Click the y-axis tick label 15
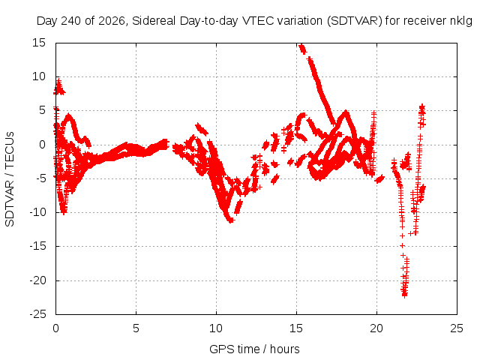[x=39, y=43]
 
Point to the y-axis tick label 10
[x=39, y=76]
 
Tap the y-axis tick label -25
[x=37, y=314]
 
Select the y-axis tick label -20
[x=37, y=280]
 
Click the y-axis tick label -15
[x=37, y=246]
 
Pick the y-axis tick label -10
[x=37, y=212]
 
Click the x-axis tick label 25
[x=457, y=328]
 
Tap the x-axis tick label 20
[x=376, y=328]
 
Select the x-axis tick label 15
[x=296, y=328]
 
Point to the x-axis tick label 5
[x=136, y=328]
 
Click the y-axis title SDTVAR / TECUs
[x=10, y=179]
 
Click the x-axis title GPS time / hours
[x=254, y=349]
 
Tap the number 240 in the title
[x=72, y=21]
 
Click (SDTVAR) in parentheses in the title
[x=355, y=21]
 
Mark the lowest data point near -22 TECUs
[x=405, y=295]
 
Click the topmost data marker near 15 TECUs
[x=301, y=46]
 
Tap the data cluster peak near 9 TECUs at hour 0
[x=58, y=82]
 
